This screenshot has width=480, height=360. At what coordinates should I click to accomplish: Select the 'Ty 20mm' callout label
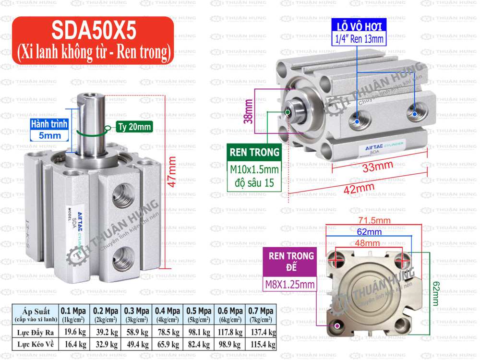133,127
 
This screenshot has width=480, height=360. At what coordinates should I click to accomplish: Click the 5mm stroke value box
49,135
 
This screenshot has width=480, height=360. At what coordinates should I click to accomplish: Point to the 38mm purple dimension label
249,111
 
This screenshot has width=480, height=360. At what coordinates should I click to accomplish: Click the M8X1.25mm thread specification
290,285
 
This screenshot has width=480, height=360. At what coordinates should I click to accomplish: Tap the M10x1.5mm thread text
254,169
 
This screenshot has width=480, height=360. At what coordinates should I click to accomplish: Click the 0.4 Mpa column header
168,311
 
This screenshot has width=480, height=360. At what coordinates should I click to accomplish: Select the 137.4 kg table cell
260,332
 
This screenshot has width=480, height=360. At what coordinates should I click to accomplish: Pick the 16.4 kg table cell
74,344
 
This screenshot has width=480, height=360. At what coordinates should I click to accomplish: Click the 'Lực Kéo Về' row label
36,344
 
